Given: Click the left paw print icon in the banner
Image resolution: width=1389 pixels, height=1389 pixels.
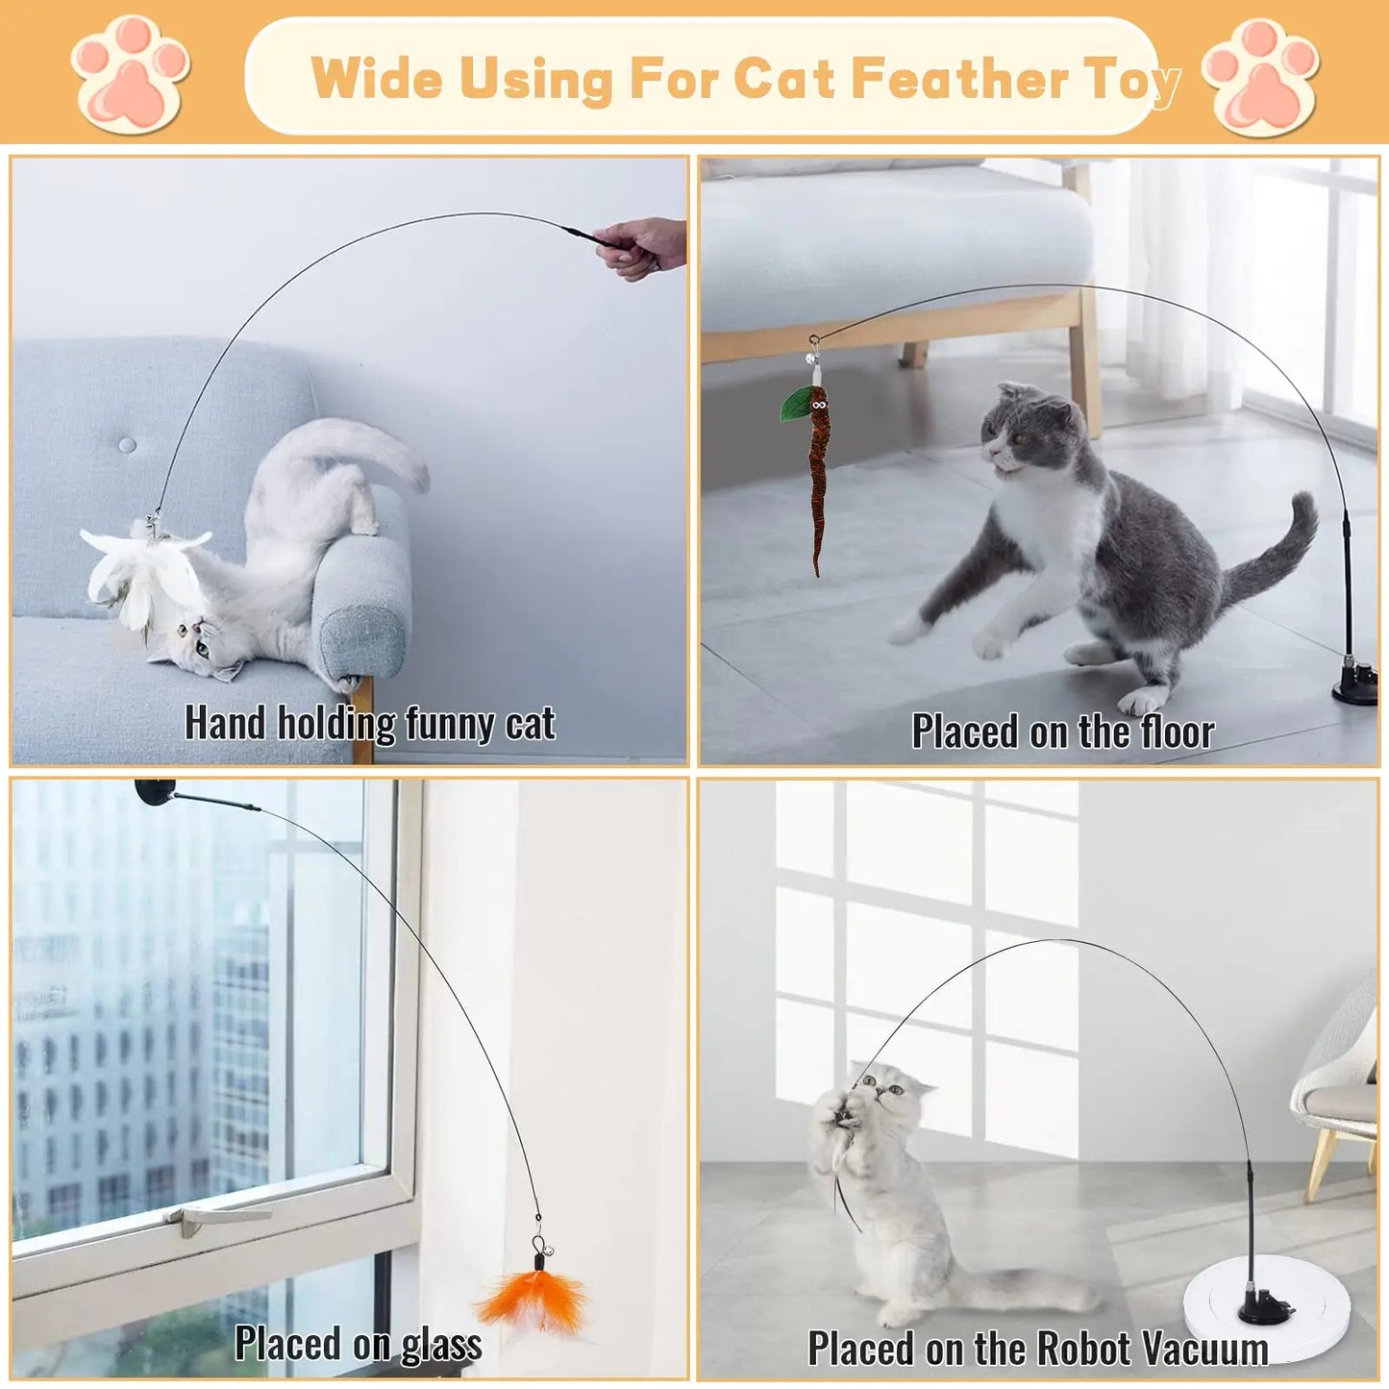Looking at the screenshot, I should (x=131, y=75).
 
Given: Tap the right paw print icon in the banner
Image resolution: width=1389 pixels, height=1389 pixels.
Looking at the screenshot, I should (x=1260, y=77).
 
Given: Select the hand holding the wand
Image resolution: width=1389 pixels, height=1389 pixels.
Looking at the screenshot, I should (x=644, y=246).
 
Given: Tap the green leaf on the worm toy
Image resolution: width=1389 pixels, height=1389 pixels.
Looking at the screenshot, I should (x=797, y=404).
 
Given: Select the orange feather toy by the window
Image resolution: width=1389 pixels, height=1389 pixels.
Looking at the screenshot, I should (x=534, y=1298).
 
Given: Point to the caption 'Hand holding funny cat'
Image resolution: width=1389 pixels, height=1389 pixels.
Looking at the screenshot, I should (x=370, y=724).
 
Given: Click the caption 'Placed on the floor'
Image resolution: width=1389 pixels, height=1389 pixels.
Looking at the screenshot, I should (x=1062, y=732).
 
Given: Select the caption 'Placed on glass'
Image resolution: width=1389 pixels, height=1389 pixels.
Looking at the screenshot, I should (x=359, y=1344).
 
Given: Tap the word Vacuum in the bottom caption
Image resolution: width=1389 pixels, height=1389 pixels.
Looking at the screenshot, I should (x=1201, y=1349).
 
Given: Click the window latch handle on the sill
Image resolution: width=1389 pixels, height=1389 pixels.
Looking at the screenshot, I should (x=216, y=1216).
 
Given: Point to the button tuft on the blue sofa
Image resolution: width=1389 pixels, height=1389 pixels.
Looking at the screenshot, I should (x=127, y=445).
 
